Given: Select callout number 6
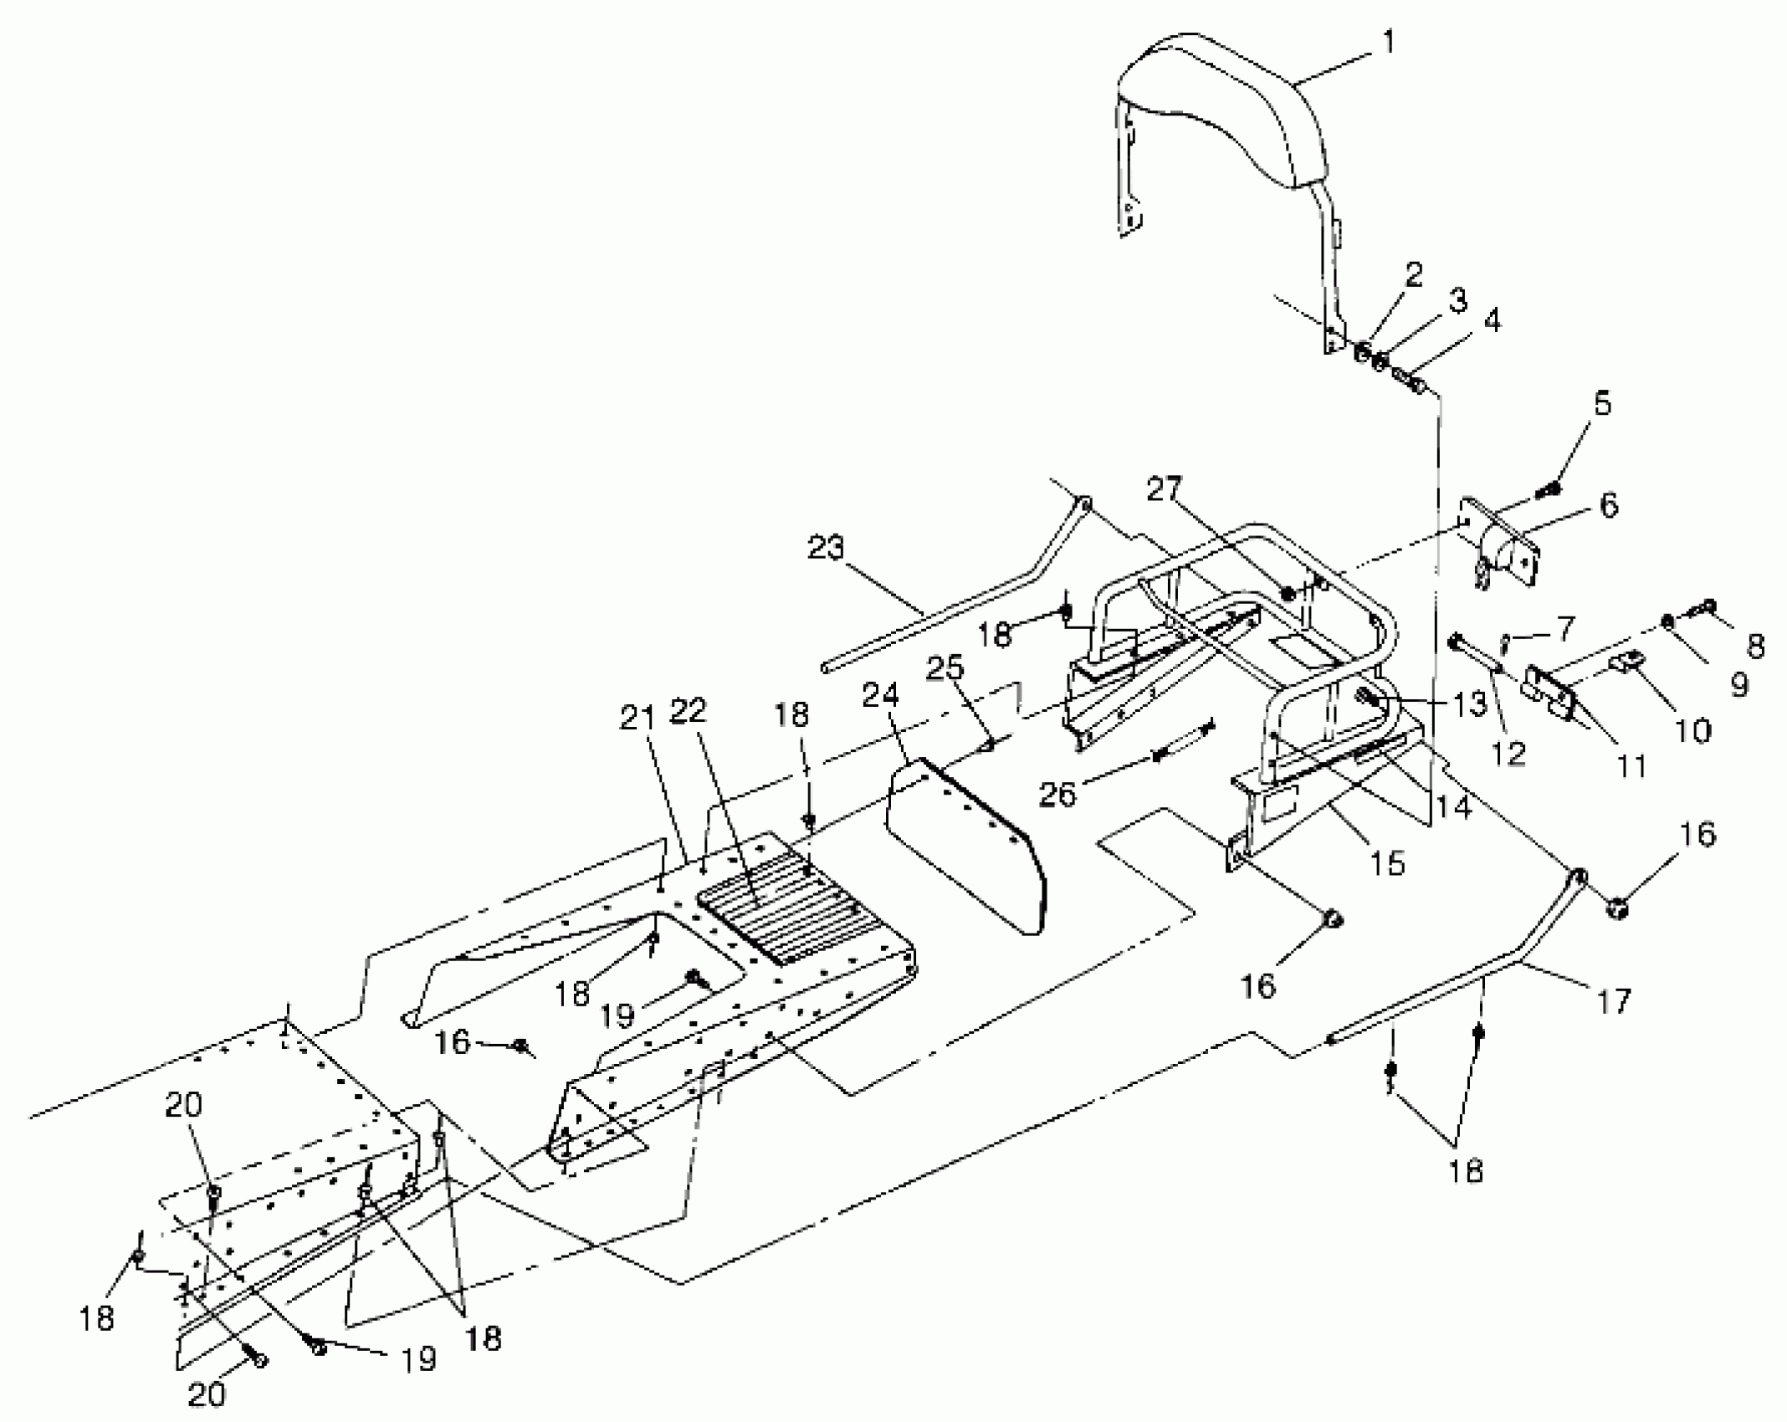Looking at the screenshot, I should pyautogui.click(x=1608, y=505).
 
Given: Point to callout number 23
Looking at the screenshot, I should pyautogui.click(x=827, y=548).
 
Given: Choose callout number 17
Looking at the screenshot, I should pyautogui.click(x=1614, y=1000).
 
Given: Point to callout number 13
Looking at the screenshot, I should pyautogui.click(x=1470, y=704).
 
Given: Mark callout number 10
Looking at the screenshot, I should pyautogui.click(x=1693, y=730).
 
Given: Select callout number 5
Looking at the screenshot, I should pyautogui.click(x=1601, y=404).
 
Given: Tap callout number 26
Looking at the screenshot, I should pyautogui.click(x=1057, y=794).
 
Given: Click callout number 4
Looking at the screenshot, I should pyautogui.click(x=1492, y=321).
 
